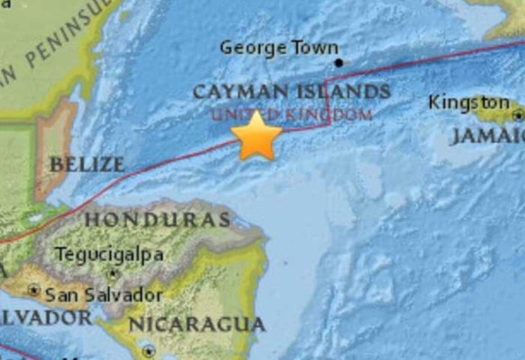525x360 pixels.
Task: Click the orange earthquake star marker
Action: tap(257, 136)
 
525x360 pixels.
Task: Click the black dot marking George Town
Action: tap(339, 63)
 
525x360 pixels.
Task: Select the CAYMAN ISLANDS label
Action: tap(291, 92)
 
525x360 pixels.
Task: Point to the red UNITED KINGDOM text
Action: tap(291, 114)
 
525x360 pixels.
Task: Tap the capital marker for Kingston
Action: tap(518, 114)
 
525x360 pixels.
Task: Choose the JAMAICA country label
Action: tap(486, 135)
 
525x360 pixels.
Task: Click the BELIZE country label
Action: tap(86, 165)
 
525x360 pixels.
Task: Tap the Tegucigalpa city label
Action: tap(110, 255)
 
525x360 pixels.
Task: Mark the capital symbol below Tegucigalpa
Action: tap(113, 272)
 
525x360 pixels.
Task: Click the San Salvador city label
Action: tap(104, 293)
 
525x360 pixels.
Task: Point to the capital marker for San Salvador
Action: tap(33, 291)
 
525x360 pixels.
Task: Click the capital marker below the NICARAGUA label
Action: tap(149, 352)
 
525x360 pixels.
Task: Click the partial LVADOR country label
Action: tap(45, 318)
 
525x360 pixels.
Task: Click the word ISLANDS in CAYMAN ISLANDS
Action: tap(344, 92)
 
